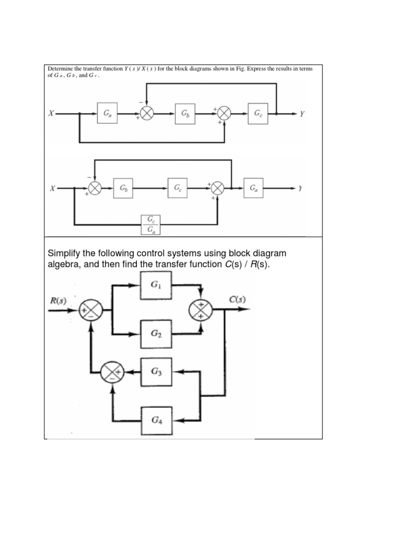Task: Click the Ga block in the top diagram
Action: [107, 113]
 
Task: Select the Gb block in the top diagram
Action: [184, 113]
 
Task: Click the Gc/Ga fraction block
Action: [151, 224]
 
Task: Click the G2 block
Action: [155, 334]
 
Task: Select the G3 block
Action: [155, 371]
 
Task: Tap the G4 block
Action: [155, 420]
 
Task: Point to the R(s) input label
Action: [58, 300]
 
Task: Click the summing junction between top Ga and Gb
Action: [146, 113]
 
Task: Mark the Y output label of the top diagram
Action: [301, 113]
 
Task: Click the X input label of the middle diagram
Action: [52, 188]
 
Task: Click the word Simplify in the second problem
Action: [66, 254]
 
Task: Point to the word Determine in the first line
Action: [59, 69]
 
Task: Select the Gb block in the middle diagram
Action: [123, 188]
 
